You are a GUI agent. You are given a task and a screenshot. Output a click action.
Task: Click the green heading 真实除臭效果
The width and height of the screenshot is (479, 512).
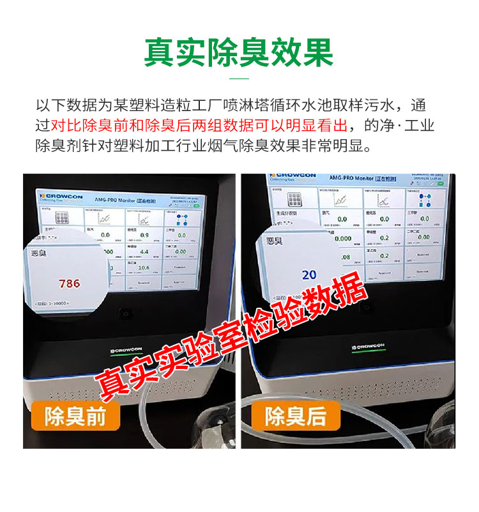[x=239, y=52]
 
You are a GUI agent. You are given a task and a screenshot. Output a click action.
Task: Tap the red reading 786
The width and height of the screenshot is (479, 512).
[x=69, y=283]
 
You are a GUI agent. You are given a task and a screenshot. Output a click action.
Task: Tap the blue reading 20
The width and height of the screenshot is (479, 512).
[x=309, y=275]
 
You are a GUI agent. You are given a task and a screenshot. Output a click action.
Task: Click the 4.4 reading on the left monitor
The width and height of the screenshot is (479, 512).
[x=144, y=252]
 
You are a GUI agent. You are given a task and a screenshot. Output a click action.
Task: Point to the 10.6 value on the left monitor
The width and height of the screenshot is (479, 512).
[x=144, y=268]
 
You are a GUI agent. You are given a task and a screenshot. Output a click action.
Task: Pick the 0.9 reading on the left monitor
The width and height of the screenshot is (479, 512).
[x=144, y=236]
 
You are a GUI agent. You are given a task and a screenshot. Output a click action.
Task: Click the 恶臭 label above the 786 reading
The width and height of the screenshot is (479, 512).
[x=39, y=253]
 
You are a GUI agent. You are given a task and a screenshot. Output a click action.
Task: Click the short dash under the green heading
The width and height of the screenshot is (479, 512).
[x=239, y=79]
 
